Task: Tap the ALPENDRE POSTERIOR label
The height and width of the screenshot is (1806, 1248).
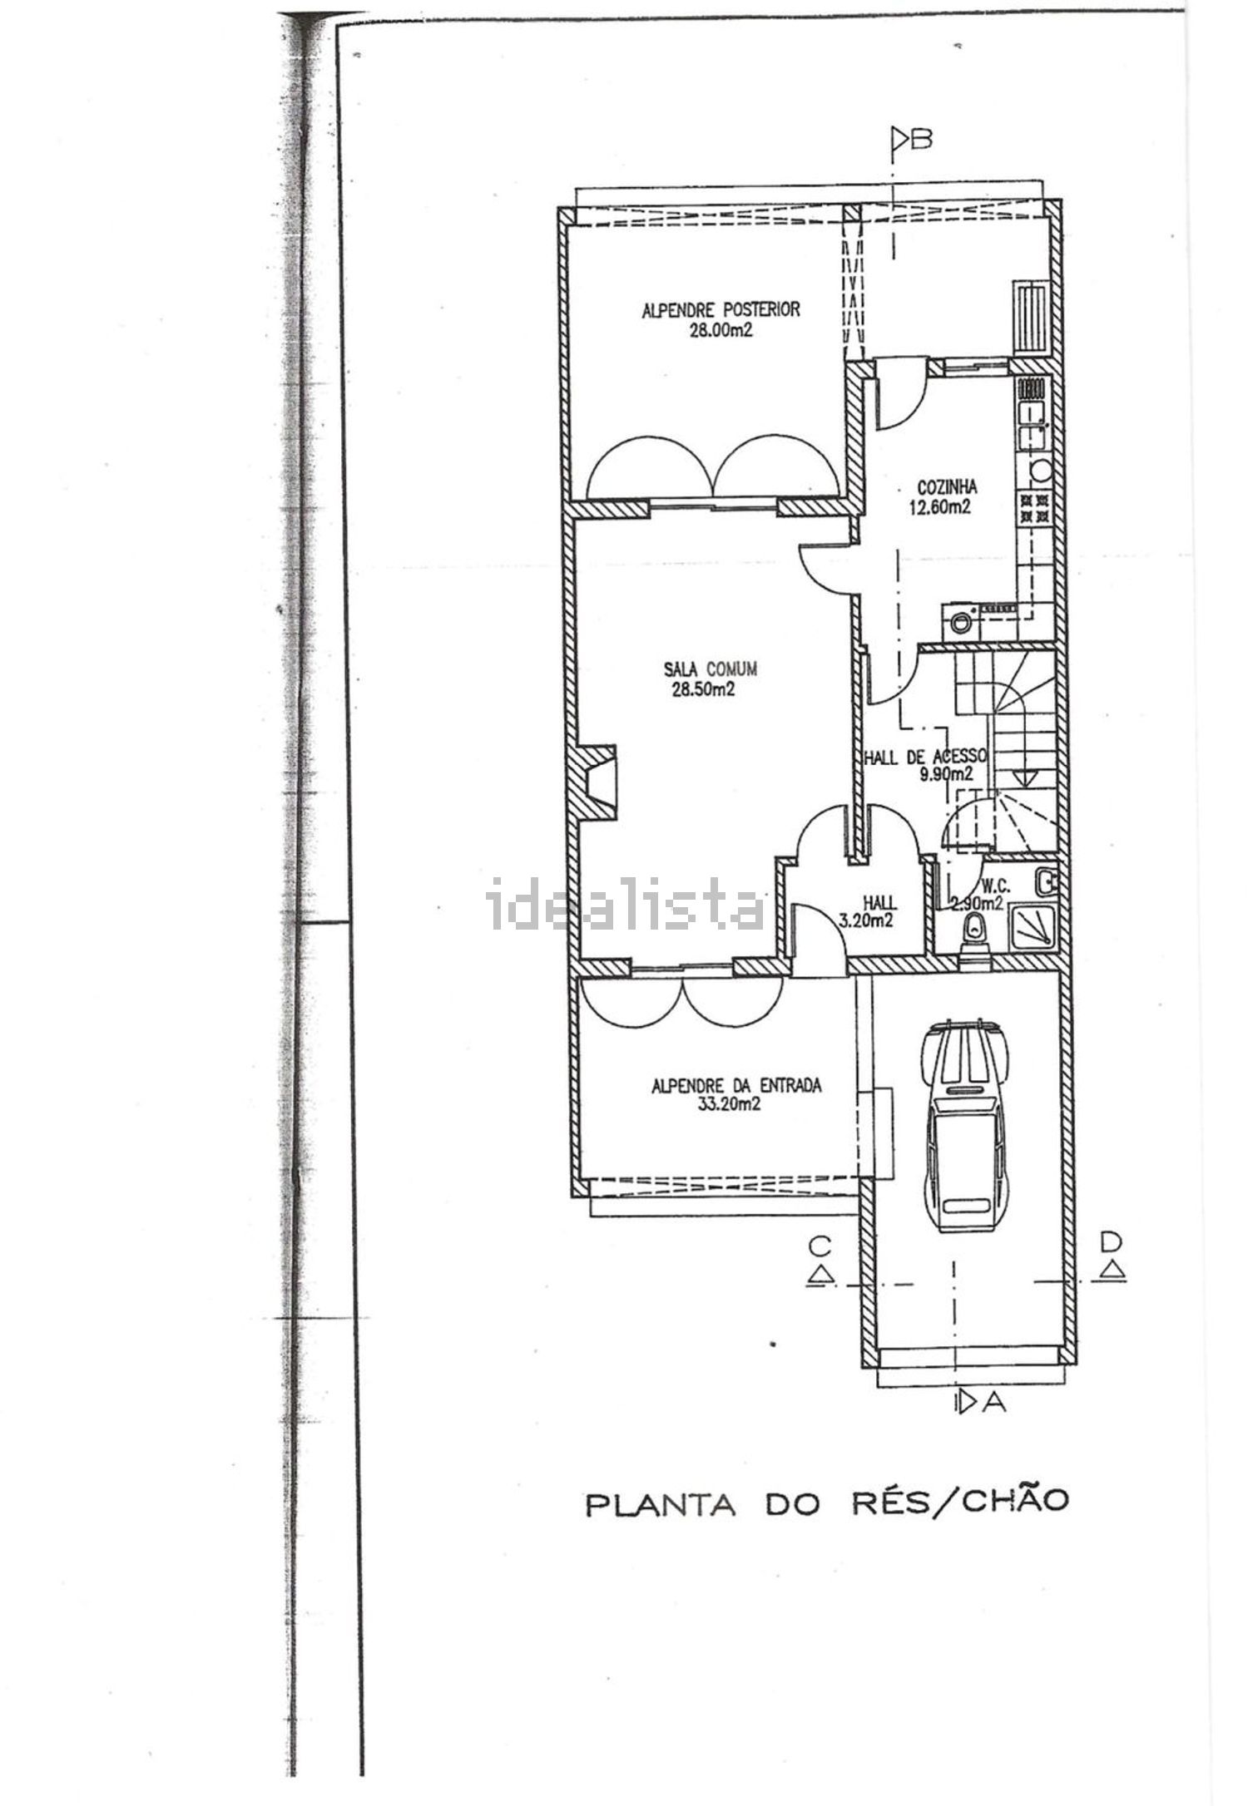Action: [x=721, y=310]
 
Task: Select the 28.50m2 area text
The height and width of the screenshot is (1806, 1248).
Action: [x=703, y=688]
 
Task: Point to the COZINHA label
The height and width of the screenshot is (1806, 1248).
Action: [x=947, y=488]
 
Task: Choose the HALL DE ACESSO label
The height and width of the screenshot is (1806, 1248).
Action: [x=925, y=757]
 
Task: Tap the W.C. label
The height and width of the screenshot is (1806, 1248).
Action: [x=996, y=886]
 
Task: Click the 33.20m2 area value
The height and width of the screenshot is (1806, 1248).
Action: [x=729, y=1104]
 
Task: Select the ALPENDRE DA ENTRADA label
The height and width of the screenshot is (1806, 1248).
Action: [x=736, y=1085]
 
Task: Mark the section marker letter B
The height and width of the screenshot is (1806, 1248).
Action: [x=921, y=138]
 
